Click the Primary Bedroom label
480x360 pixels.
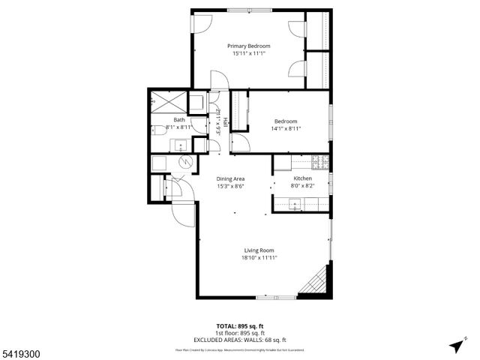click(x=249, y=46)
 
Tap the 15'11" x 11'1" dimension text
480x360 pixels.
click(x=249, y=54)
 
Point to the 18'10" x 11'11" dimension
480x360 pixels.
click(x=259, y=258)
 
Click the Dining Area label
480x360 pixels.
click(x=231, y=178)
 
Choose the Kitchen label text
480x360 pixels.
click(x=302, y=178)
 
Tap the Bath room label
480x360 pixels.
click(x=179, y=120)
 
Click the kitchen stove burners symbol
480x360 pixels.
click(x=320, y=161)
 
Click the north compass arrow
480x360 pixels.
click(x=456, y=346)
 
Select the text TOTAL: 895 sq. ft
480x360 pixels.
click(x=239, y=325)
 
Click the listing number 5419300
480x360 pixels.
click(x=21, y=350)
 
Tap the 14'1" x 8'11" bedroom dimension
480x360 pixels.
click(x=286, y=129)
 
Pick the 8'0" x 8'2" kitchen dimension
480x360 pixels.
click(x=302, y=186)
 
